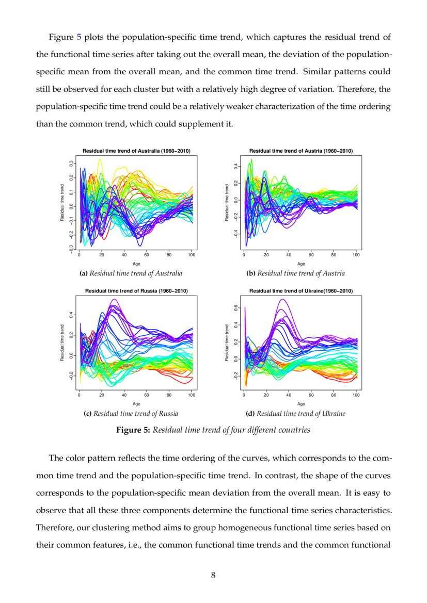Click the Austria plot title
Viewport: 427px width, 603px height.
(x=301, y=151)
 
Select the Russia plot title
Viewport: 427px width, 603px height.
(x=136, y=291)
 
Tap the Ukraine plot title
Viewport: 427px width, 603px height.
(x=301, y=291)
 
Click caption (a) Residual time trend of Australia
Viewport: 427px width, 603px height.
(x=136, y=273)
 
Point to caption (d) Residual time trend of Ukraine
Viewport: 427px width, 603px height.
(x=301, y=414)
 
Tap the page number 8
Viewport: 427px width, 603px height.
(x=213, y=576)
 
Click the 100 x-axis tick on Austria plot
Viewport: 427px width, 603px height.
(x=356, y=255)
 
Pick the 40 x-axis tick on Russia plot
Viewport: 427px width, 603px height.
(x=124, y=395)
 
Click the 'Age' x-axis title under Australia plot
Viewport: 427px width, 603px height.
(x=136, y=264)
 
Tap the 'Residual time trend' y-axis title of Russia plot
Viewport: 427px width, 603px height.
(x=62, y=343)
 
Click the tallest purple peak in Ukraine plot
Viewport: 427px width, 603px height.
(x=282, y=299)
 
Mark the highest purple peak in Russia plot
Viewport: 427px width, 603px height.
(x=114, y=299)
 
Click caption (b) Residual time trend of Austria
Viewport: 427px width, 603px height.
(x=301, y=273)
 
